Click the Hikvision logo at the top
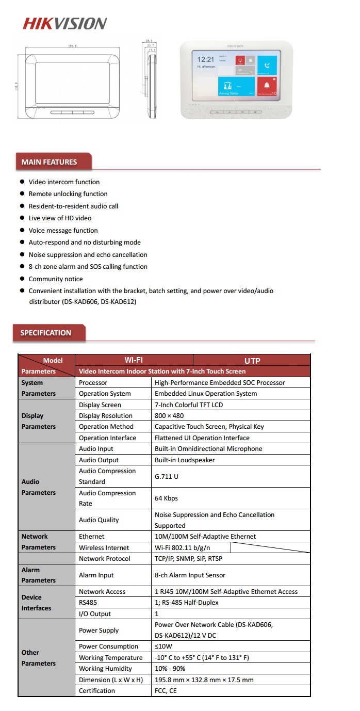click(64, 23)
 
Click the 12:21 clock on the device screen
click(205, 59)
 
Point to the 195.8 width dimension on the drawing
click(72, 46)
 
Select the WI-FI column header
click(134, 360)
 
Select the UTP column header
click(252, 361)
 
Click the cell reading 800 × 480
click(169, 416)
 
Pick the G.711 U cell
click(167, 476)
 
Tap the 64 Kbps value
click(166, 498)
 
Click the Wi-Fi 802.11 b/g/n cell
click(183, 548)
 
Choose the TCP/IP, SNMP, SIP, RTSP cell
click(189, 559)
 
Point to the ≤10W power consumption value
click(163, 647)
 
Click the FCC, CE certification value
click(166, 691)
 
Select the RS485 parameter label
click(88, 603)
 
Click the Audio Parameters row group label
click(38, 487)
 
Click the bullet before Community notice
click(22, 279)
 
